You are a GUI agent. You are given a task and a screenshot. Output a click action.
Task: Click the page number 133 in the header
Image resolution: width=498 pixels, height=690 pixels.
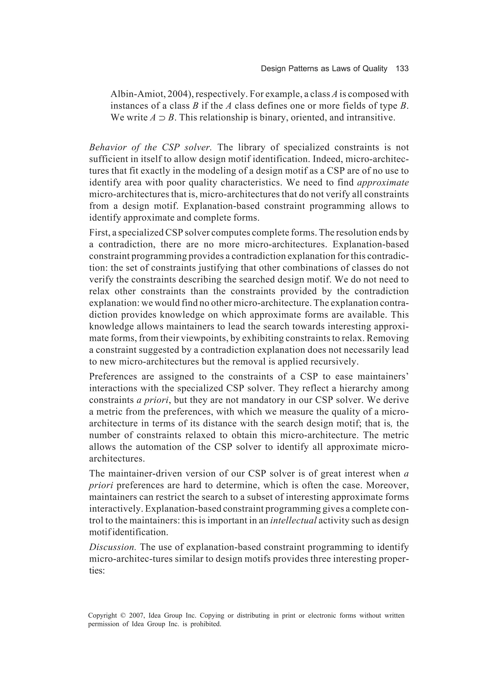click(402, 69)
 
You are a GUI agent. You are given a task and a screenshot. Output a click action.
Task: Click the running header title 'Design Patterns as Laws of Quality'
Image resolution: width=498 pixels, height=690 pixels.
click(324, 69)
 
